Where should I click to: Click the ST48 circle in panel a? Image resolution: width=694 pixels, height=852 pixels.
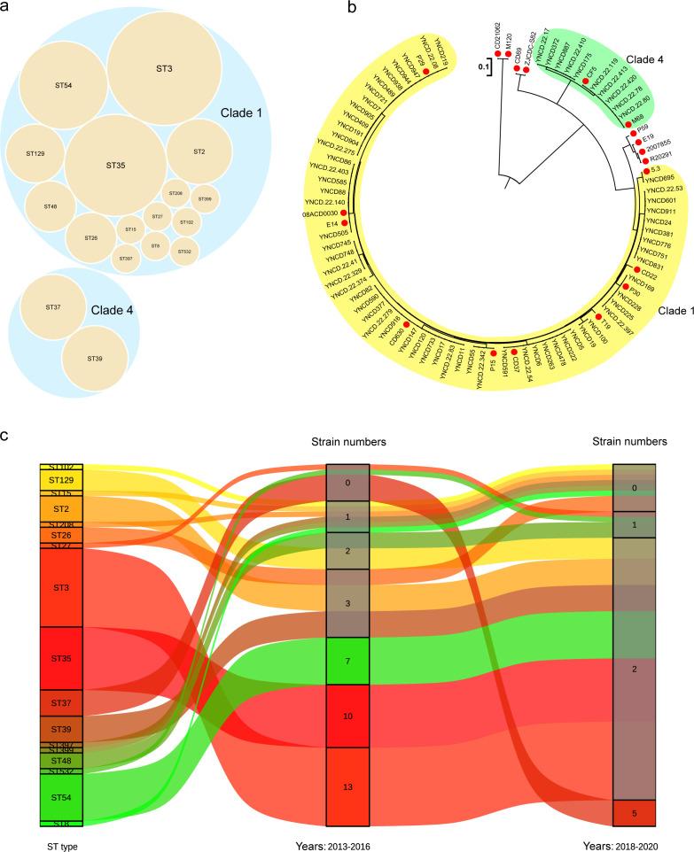50,206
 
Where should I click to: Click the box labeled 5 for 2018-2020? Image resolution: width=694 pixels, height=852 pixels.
634,812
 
